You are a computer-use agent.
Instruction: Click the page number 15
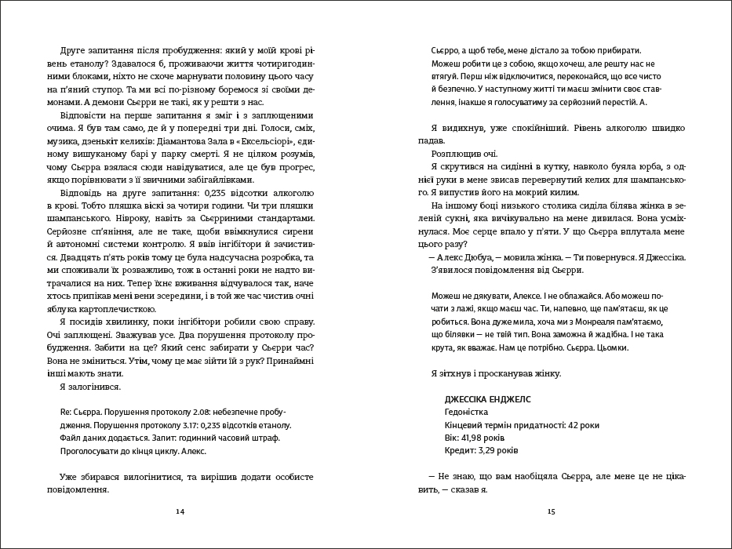(551, 511)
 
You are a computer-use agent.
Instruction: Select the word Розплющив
(459, 153)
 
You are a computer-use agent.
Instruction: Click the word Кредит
(458, 451)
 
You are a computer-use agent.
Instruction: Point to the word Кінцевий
(462, 425)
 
